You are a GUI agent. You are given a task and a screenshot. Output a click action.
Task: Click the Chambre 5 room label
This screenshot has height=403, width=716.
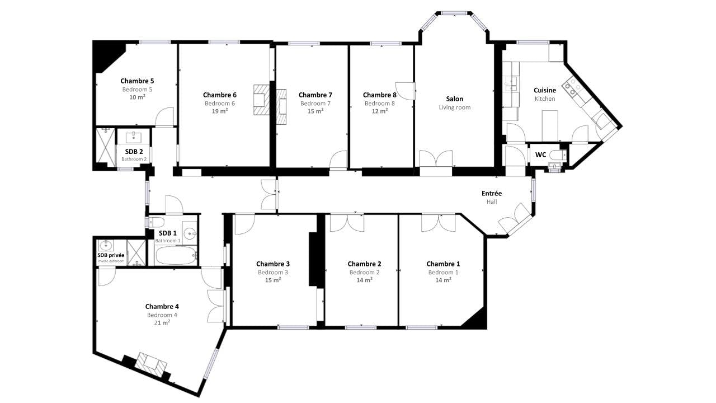[137, 81]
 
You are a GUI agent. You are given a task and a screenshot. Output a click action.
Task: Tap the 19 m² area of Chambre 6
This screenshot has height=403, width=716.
[220, 111]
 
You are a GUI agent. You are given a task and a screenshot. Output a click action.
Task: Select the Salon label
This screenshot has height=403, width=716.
[455, 99]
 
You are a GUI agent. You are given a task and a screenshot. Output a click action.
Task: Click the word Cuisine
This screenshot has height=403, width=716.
[545, 90]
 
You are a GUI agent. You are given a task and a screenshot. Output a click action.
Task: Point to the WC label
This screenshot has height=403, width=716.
[540, 155]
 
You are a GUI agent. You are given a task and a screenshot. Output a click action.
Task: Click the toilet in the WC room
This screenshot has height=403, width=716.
[558, 155]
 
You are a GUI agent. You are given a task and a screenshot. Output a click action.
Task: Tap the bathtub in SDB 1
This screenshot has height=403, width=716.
[176, 255]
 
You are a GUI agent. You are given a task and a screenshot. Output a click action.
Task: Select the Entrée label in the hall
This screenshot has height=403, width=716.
[492, 193]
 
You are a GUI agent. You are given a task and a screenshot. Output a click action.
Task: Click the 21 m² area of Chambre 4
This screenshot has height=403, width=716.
[162, 322]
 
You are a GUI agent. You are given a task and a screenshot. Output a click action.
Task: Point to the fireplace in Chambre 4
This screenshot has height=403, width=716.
[150, 364]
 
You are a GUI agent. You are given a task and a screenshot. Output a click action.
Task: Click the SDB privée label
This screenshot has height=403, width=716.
[111, 255]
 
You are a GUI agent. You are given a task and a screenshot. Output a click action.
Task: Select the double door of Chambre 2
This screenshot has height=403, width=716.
[347, 223]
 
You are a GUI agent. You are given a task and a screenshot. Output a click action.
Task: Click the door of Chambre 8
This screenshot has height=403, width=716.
[405, 91]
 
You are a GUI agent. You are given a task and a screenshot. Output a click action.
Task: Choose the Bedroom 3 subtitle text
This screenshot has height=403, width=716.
[273, 272]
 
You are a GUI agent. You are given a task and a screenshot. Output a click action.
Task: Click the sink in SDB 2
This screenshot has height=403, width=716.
[134, 138]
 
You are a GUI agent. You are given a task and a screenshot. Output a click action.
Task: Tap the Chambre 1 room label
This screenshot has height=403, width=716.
[443, 264]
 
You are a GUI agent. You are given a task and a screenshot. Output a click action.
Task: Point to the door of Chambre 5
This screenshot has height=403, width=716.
[164, 117]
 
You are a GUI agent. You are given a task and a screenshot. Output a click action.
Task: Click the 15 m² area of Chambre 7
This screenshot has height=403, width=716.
[315, 111]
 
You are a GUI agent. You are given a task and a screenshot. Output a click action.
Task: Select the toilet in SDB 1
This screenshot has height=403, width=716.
[157, 221]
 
